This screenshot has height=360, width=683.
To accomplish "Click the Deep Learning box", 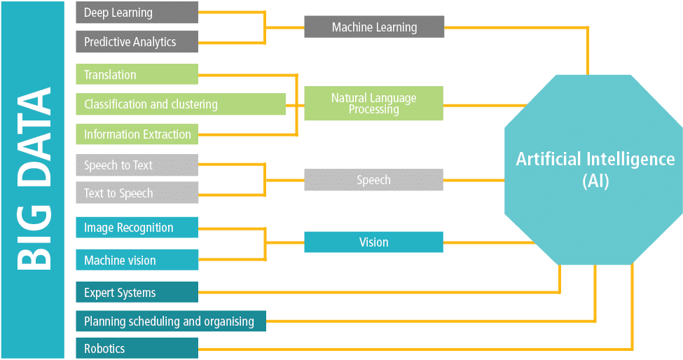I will click(137, 13).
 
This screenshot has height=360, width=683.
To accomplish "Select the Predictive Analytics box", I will click(137, 42).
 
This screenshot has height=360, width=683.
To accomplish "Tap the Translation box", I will click(137, 75).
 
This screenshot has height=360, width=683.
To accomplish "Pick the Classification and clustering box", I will click(180, 104).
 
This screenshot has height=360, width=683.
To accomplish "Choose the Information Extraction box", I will click(137, 134).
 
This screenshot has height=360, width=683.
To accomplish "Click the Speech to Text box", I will click(137, 165).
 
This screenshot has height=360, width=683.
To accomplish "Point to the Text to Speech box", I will click(137, 193).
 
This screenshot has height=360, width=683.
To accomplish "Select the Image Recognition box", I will click(137, 228).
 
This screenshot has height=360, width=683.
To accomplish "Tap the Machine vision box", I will click(137, 260).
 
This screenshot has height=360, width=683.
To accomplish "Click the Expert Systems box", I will click(137, 293).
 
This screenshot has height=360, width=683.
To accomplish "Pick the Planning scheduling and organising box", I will click(170, 321).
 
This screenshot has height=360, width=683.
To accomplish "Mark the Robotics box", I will click(137, 348).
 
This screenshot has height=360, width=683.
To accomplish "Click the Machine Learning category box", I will click(373, 27).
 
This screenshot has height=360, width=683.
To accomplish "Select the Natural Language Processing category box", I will click(373, 104).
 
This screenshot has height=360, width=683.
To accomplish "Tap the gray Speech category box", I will click(373, 180).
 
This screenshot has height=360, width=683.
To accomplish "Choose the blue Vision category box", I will click(373, 242).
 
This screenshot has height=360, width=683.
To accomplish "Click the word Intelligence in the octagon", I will click(625, 159).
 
